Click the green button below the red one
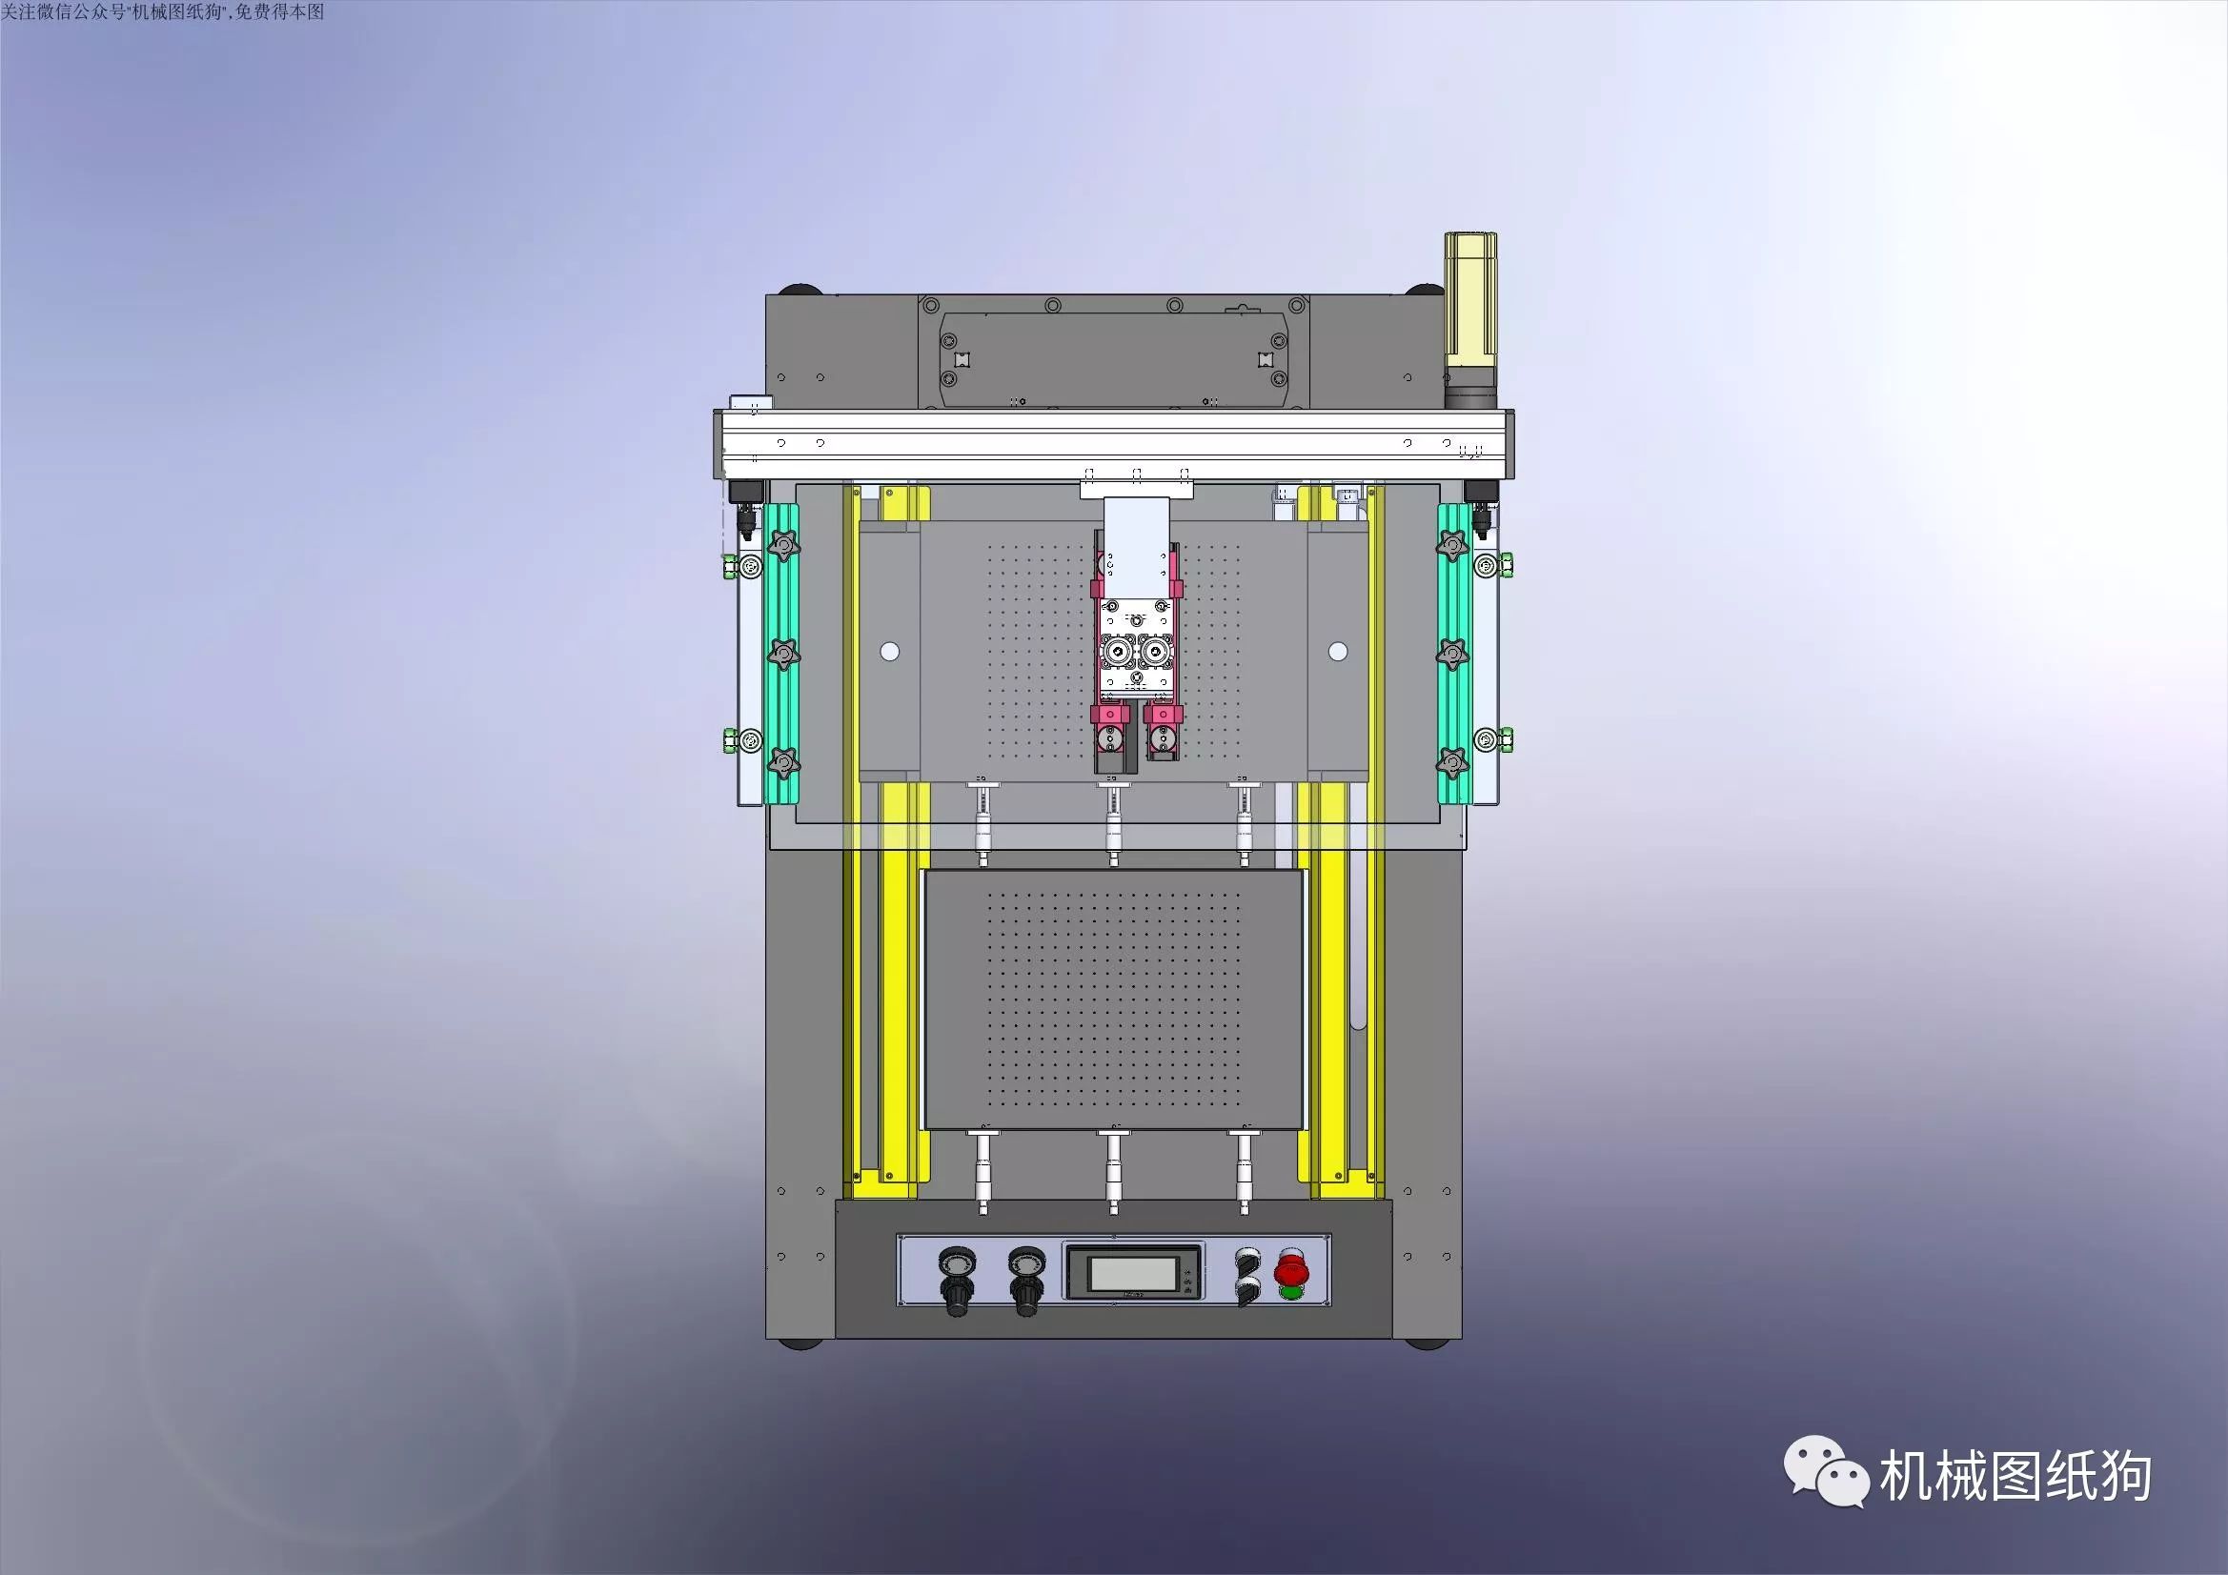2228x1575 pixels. [x=1290, y=1292]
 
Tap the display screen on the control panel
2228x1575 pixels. [x=1132, y=1272]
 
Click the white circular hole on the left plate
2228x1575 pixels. [x=889, y=652]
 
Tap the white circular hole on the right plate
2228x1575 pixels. [x=1337, y=652]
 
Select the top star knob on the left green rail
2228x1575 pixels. [x=783, y=544]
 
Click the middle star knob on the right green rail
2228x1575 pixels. [x=1451, y=655]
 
